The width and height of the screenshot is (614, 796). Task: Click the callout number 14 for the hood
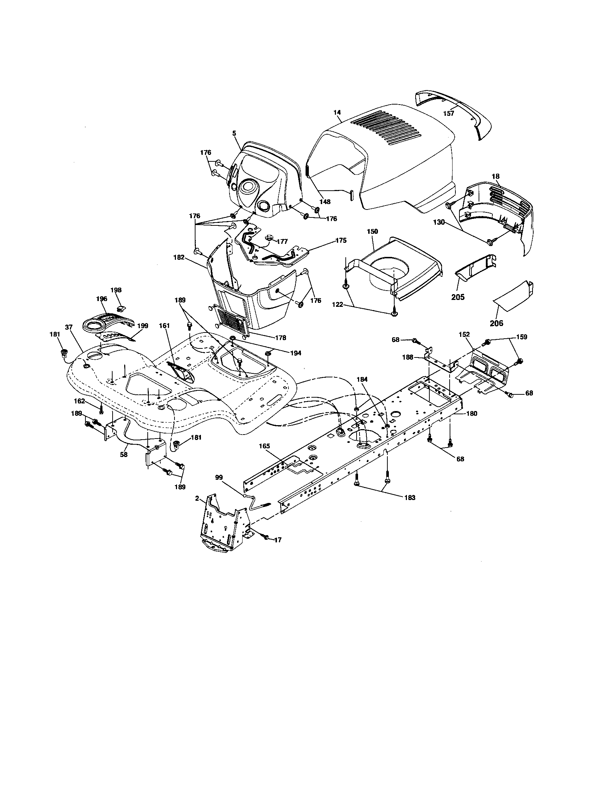click(x=337, y=113)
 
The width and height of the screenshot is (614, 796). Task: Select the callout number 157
click(x=449, y=113)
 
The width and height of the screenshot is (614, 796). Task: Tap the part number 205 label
click(x=458, y=297)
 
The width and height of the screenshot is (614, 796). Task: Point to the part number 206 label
click(x=496, y=323)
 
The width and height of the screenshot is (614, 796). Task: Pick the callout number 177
click(x=282, y=241)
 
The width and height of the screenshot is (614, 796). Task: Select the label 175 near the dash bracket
click(x=341, y=241)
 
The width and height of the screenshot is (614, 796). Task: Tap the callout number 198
click(x=116, y=290)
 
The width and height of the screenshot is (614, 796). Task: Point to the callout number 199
click(x=143, y=326)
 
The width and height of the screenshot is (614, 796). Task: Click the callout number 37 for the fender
click(x=68, y=327)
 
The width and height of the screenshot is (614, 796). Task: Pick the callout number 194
click(x=296, y=353)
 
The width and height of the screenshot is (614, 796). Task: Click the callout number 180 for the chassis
click(x=471, y=414)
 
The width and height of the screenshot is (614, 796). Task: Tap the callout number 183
click(x=410, y=497)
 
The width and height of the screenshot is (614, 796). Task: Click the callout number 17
click(x=278, y=550)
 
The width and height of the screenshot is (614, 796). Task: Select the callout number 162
click(x=79, y=401)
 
